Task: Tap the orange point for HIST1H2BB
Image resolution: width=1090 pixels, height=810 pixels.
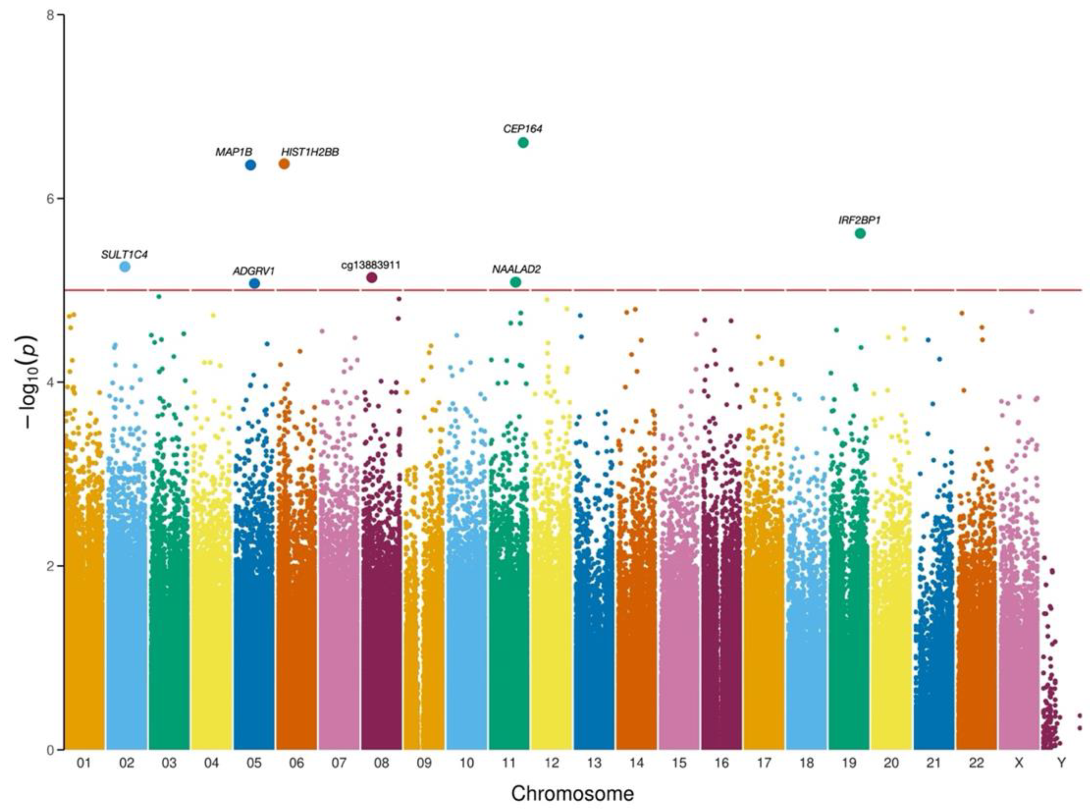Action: (284, 164)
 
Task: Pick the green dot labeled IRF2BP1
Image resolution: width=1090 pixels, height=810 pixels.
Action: (860, 233)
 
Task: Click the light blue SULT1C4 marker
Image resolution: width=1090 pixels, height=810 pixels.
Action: (125, 267)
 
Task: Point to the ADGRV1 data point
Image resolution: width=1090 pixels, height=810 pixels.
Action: (254, 283)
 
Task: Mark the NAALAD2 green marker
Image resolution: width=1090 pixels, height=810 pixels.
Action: (515, 282)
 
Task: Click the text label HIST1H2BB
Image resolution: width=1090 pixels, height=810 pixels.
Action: (310, 152)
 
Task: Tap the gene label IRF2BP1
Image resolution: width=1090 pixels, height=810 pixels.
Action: (859, 221)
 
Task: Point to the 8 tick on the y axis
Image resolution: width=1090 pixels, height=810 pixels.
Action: (49, 15)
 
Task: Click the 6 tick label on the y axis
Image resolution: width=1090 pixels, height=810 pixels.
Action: (49, 199)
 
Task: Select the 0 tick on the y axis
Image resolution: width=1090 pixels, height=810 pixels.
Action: (49, 750)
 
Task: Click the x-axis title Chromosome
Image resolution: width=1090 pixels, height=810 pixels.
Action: (572, 793)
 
